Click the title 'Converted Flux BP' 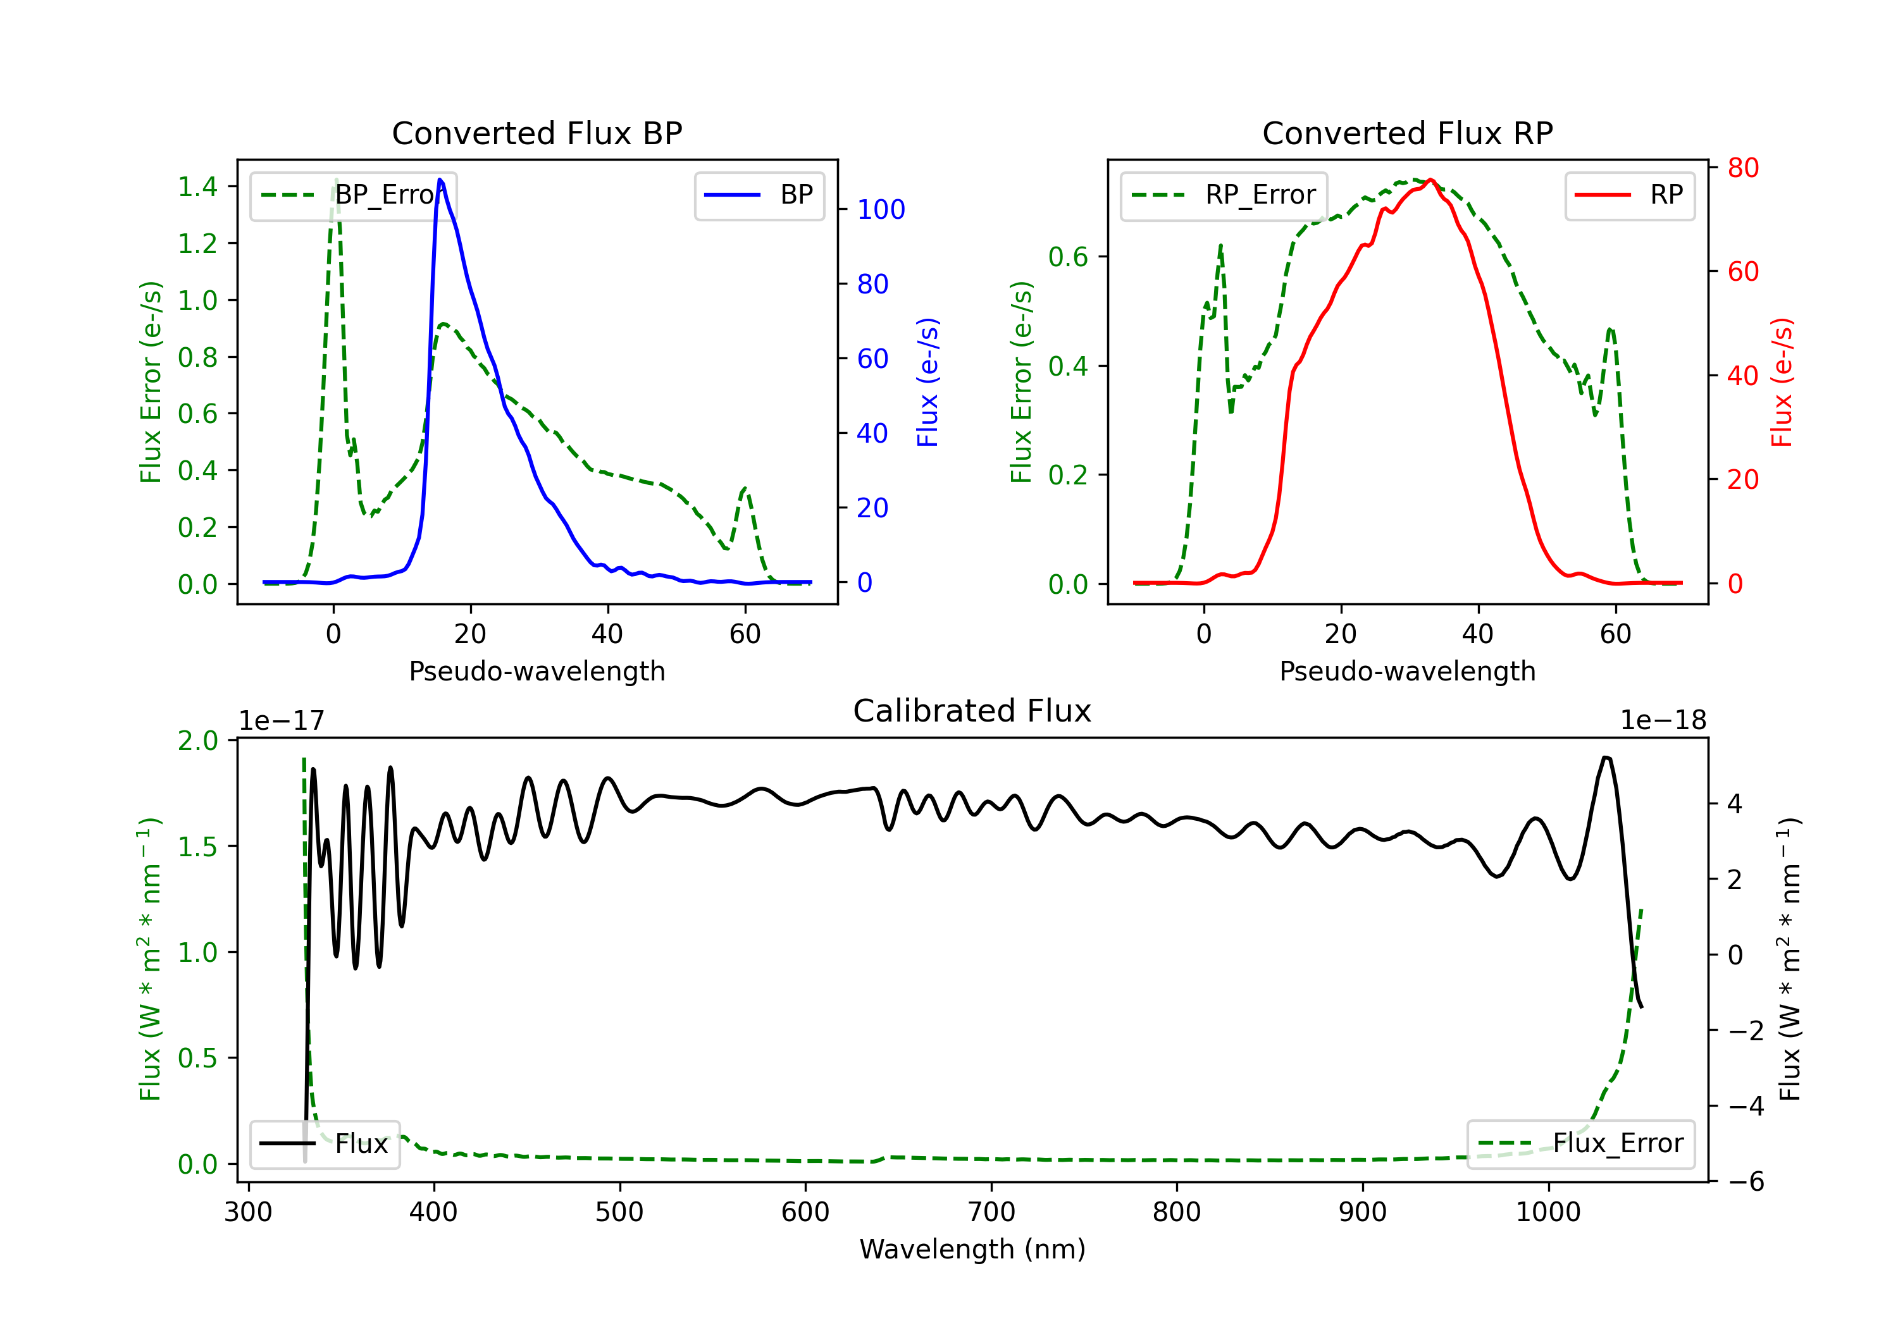[537, 133]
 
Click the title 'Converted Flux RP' [1407, 133]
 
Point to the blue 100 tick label [881, 210]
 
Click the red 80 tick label [1742, 168]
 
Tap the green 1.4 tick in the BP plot [197, 187]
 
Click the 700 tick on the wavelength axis [991, 1212]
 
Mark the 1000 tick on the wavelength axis [1548, 1212]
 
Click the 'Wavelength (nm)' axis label [972, 1249]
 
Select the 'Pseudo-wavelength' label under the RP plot [1407, 671]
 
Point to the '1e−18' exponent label [1663, 721]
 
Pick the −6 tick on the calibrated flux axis [1740, 1182]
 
